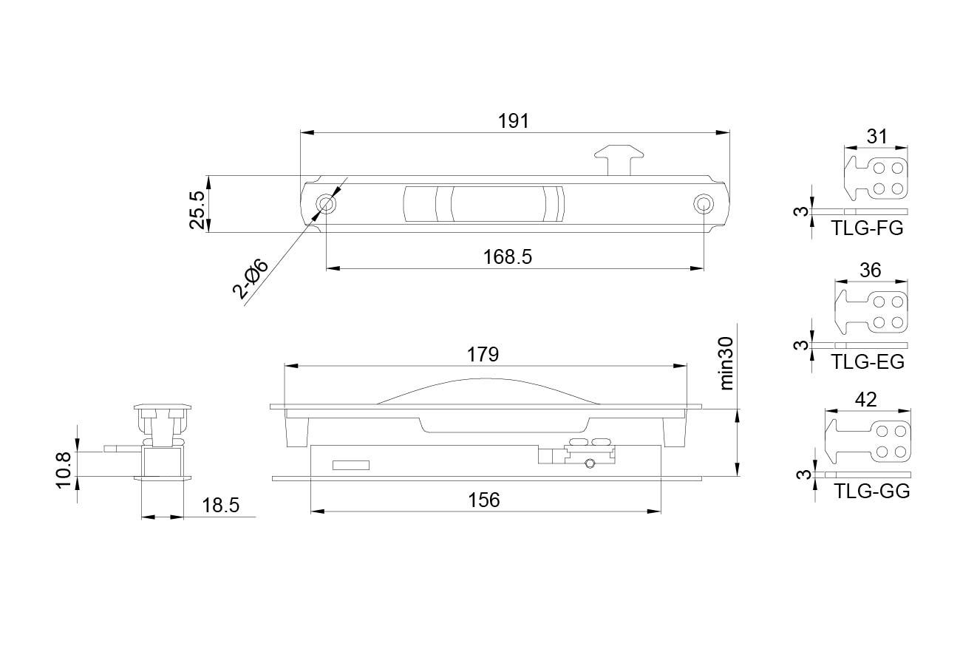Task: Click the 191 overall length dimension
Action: [514, 121]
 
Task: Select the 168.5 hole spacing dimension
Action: [508, 257]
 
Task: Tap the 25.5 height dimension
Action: [197, 210]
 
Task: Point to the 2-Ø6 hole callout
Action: [251, 279]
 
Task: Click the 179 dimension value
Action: [483, 355]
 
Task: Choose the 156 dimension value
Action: [484, 500]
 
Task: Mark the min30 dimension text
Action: [726, 364]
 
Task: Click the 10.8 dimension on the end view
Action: [63, 471]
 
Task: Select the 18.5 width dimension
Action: [220, 506]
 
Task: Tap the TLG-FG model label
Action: [867, 228]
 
